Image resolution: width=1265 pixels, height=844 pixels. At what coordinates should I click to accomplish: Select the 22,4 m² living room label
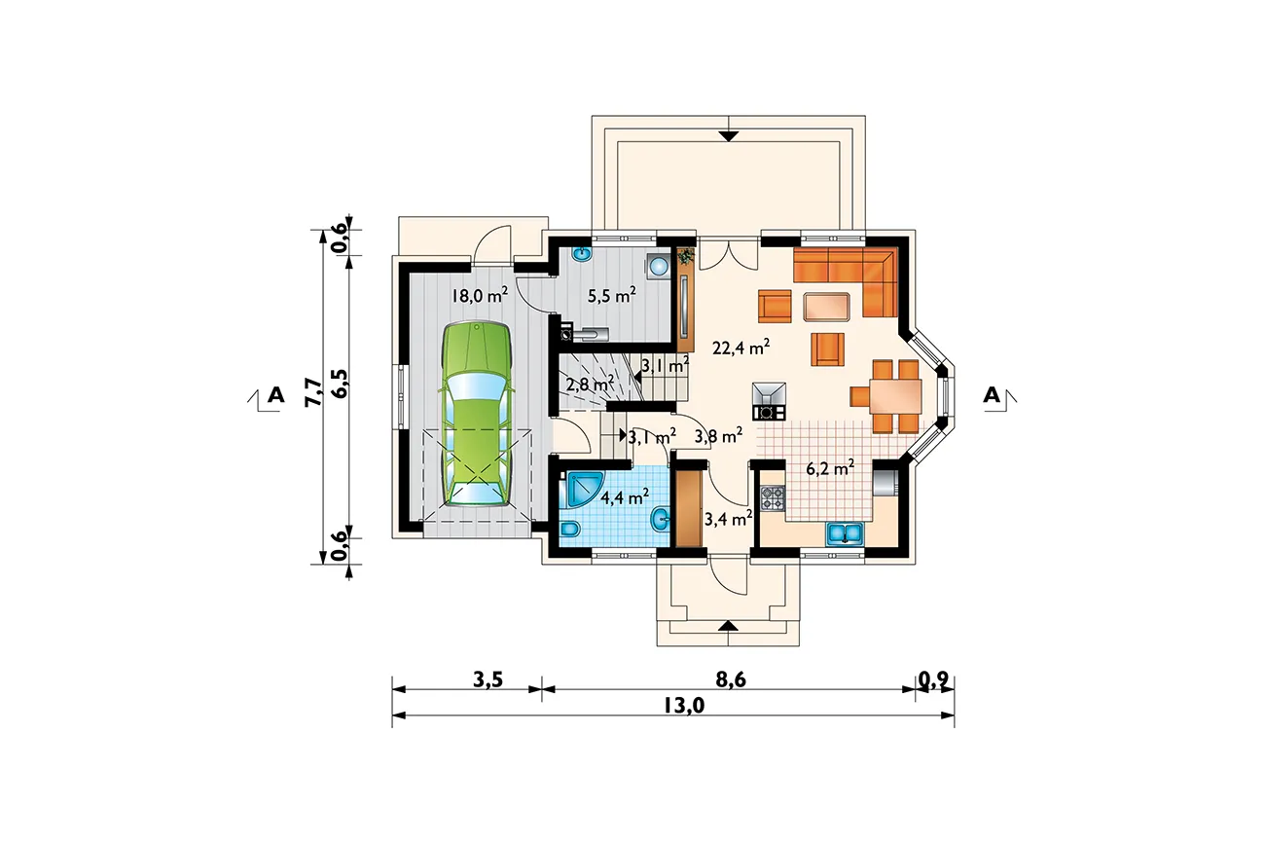pos(741,348)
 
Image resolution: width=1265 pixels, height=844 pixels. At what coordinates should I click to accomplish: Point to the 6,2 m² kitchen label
pos(830,468)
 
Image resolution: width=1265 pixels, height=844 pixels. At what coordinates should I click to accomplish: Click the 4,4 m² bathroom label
pos(624,496)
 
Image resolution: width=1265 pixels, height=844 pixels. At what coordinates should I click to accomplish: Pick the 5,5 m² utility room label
pos(612,295)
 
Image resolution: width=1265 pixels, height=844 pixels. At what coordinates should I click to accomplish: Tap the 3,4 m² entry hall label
pos(728,518)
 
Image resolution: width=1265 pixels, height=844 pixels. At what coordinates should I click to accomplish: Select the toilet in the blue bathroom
pos(569,530)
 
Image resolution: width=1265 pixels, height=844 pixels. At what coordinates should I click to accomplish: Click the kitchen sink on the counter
pos(845,533)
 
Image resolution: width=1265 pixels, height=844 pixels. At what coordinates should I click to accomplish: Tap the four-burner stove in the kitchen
pos(773,498)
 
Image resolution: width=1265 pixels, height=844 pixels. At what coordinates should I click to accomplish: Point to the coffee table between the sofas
pos(827,307)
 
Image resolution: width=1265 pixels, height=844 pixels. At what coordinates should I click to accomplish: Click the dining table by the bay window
pos(895,405)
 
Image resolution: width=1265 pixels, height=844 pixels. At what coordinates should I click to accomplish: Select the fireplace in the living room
pos(769,401)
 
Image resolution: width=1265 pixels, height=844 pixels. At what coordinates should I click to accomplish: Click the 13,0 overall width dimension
pos(684,706)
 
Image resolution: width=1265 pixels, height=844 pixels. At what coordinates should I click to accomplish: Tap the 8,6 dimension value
pos(731,679)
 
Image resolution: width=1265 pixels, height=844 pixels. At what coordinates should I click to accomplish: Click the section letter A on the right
pos(993,395)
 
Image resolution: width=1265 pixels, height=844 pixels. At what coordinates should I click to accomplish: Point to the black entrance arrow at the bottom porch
pos(729,625)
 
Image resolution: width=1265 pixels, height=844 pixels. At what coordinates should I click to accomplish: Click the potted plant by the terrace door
pos(686,257)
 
